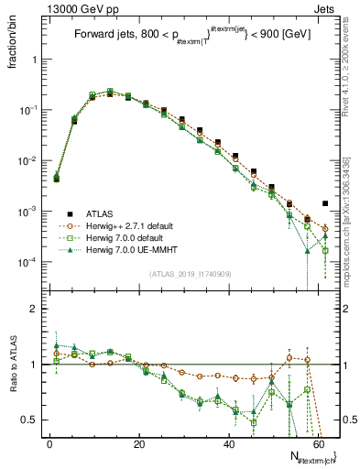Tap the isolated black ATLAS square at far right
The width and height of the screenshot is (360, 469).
325,203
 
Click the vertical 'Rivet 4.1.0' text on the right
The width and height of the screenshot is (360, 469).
349,73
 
